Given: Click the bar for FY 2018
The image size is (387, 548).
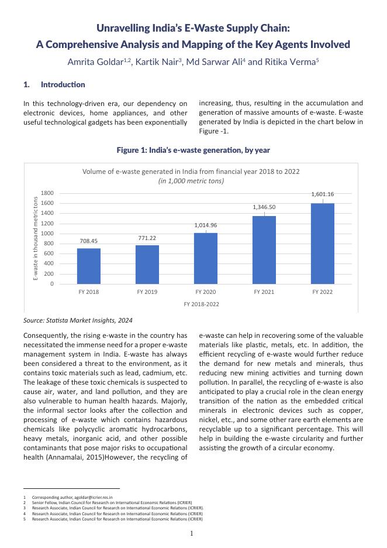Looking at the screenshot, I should coord(89,266).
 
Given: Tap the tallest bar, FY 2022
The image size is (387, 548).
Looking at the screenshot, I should coord(323,244).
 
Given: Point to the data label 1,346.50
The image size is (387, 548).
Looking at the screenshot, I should coord(264,207).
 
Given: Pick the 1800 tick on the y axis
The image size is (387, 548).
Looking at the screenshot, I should coord(47,193).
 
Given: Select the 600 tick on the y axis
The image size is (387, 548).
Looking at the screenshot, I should coord(49,254).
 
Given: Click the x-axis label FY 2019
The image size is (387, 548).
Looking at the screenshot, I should coord(147,291).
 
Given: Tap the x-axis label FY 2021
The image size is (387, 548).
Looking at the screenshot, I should coord(264,291).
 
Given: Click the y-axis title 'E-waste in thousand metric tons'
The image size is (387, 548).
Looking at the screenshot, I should coord(36,238).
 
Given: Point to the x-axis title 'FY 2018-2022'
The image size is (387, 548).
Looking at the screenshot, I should coord(202,304).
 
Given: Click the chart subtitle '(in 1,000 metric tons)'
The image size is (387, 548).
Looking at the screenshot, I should coord(191,181).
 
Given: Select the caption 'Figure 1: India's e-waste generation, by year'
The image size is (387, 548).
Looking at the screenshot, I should coord(193,150).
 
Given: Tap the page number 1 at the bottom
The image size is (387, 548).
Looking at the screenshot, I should coord(191,533).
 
